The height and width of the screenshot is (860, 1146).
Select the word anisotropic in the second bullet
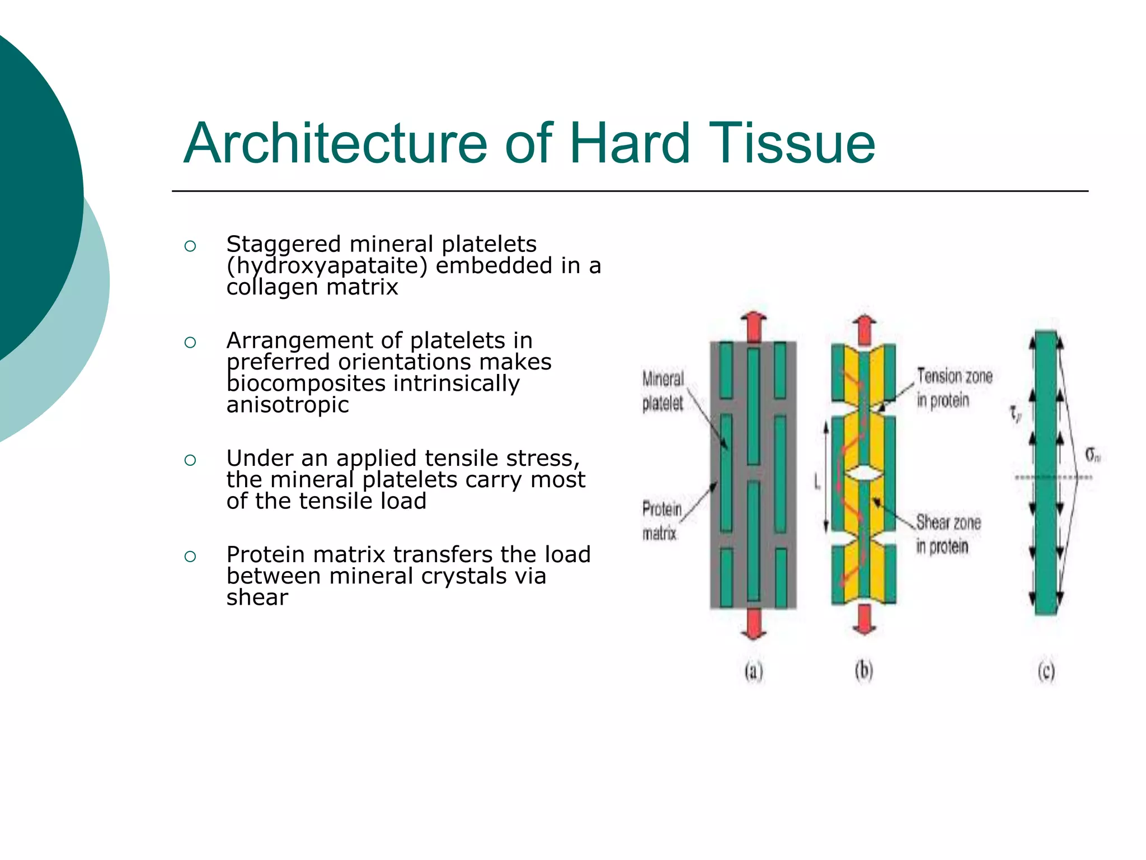[x=288, y=405]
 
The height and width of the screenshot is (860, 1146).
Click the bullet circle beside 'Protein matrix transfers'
[x=190, y=556]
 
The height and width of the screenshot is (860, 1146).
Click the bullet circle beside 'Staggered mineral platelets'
[x=190, y=246]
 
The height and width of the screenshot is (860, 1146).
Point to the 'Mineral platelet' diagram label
[x=663, y=391]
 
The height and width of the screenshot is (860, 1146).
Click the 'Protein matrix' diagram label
[x=661, y=521]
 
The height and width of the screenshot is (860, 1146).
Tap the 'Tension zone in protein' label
[x=954, y=388]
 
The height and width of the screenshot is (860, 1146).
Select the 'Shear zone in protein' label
[x=948, y=534]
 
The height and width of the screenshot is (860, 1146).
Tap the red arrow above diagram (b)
[x=865, y=330]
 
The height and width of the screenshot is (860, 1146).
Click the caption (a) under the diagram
[x=754, y=671]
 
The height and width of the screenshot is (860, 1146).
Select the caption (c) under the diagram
[x=1046, y=671]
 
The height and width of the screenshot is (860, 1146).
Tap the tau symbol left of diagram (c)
[x=1015, y=414]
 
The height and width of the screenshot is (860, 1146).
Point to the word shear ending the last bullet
[x=257, y=598]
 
